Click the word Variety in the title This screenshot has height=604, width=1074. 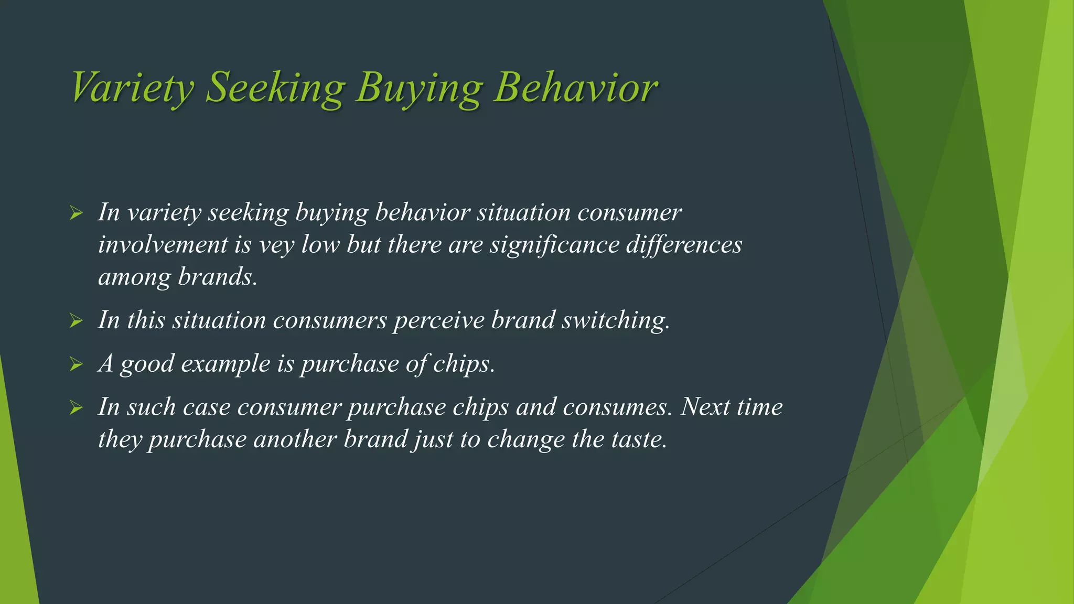click(132, 88)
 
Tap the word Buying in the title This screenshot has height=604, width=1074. click(418, 88)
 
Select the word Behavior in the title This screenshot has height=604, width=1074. click(575, 88)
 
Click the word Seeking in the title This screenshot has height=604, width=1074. click(275, 88)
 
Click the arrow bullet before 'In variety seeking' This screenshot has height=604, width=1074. click(76, 213)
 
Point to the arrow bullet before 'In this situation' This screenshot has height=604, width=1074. click(76, 321)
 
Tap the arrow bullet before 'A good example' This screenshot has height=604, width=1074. click(76, 364)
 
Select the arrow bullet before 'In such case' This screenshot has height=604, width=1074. click(76, 407)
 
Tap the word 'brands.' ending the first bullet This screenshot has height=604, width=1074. click(218, 277)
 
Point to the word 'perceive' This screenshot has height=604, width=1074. click(439, 320)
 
